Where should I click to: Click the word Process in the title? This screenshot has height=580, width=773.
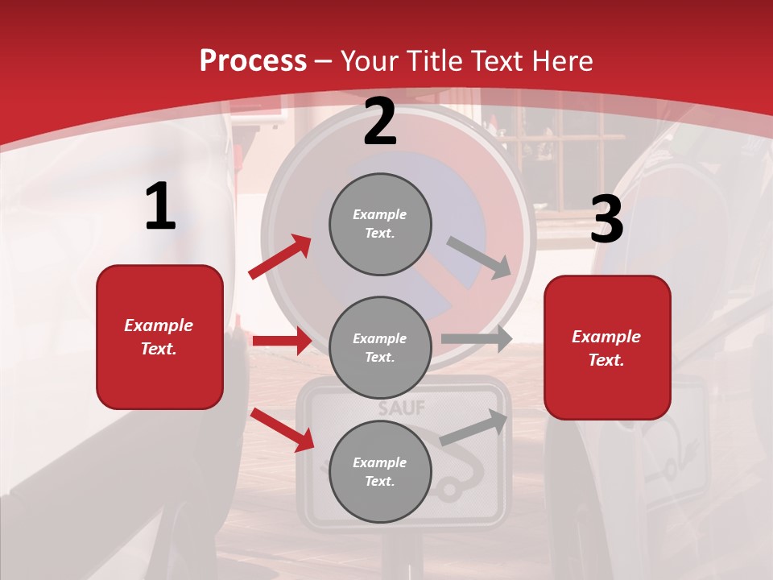click(253, 61)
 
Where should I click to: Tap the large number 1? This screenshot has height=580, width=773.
click(160, 207)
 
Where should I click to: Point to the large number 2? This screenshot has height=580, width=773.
click(380, 122)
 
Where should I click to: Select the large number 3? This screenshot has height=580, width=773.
click(606, 220)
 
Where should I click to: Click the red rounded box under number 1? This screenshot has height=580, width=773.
click(159, 337)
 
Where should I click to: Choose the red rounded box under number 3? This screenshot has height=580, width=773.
click(607, 348)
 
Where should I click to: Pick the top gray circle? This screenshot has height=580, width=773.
click(380, 224)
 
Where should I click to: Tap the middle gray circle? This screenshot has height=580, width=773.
click(380, 348)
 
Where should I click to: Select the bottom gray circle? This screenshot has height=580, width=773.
click(380, 472)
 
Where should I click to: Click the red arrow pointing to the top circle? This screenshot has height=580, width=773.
click(280, 256)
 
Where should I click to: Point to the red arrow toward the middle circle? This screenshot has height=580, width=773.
click(283, 341)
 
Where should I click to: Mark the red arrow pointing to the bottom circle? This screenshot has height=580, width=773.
click(283, 429)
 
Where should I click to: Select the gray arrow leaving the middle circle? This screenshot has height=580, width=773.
click(477, 338)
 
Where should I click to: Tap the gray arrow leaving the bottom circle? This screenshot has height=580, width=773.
click(474, 427)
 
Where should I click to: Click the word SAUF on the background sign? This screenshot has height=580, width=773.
click(402, 408)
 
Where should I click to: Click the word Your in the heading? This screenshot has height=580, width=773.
click(370, 61)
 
